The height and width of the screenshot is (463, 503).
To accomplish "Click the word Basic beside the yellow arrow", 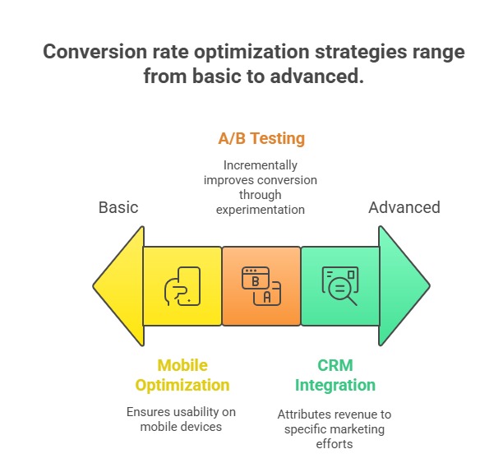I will tap(118, 207).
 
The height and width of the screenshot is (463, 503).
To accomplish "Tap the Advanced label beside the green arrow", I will tap(404, 207).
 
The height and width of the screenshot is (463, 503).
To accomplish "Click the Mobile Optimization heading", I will tap(182, 375).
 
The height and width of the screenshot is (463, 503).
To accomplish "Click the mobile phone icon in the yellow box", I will tap(182, 286).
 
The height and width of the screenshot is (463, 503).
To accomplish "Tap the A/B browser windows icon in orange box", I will tap(261, 286).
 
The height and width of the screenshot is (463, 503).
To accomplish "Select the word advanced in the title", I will tap(316, 77).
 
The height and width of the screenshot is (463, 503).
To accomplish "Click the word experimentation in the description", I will tap(261, 209).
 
